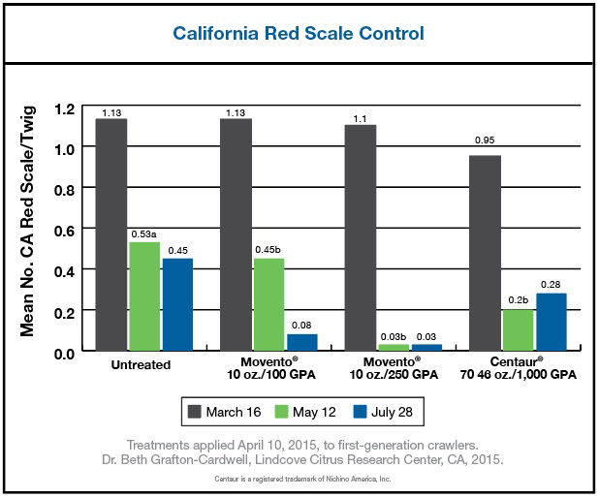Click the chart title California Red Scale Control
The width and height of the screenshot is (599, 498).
click(299, 33)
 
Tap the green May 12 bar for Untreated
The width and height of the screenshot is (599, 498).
click(143, 296)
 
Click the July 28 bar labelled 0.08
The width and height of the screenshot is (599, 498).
click(300, 342)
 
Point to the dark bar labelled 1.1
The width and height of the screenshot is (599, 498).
click(360, 237)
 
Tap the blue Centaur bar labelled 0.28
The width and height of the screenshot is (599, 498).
click(550, 322)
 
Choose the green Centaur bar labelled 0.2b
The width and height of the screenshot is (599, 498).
click(517, 330)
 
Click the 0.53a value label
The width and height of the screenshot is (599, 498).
click(143, 233)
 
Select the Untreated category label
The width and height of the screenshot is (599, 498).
click(142, 365)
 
